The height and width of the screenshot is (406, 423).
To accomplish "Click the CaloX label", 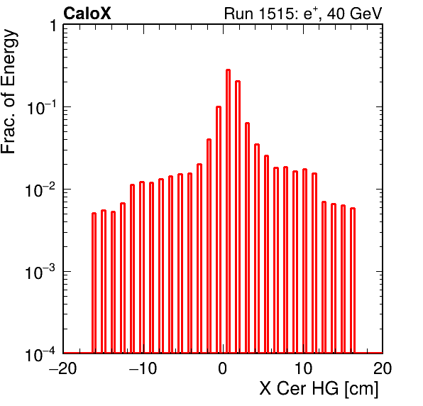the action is point(87,13).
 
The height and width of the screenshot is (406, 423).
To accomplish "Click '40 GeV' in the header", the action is point(354,13).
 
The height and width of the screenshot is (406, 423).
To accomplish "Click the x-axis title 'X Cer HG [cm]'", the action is point(319,389).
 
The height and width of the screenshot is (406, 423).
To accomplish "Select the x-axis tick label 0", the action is point(223,368).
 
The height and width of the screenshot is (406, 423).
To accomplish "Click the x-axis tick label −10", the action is point(143,368).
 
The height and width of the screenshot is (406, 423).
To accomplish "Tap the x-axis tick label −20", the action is point(63,368).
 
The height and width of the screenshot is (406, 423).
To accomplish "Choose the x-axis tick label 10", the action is point(304,368).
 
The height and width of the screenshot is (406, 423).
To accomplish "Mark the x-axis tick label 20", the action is point(383,368).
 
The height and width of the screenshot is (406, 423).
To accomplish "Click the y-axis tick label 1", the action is point(53,26).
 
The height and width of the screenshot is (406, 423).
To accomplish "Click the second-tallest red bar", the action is point(238,216).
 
